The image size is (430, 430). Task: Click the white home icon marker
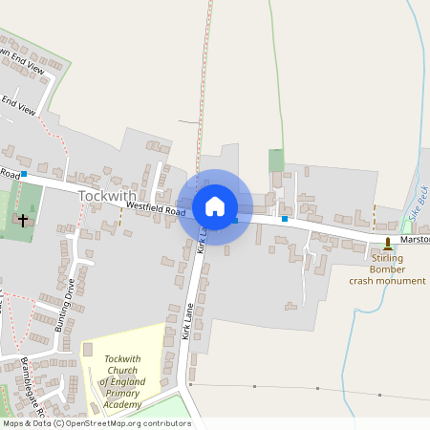click(214, 206)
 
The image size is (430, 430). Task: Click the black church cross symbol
click(23, 220)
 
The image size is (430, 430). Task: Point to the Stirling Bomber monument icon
click(388, 244)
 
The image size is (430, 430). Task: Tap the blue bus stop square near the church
click(24, 175)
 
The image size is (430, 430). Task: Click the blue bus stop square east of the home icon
click(284, 219)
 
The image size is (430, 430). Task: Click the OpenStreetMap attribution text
click(96, 423)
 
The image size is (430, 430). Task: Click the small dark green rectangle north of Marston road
click(276, 161)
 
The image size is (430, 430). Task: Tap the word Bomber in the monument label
click(387, 269)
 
